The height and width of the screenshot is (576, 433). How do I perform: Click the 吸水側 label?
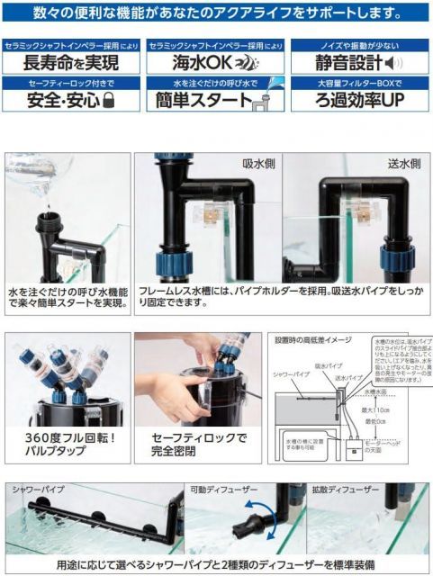coord(258,165)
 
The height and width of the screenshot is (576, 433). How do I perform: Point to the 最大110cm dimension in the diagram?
coord(379,411)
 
